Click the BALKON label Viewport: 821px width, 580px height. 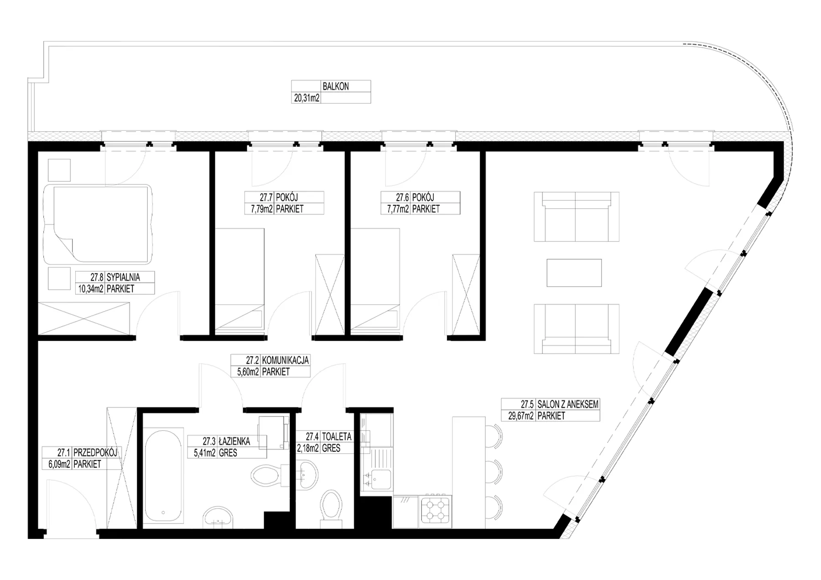click(x=336, y=86)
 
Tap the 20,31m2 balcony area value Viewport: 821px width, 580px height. click(x=307, y=98)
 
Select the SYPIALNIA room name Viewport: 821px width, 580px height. click(x=123, y=277)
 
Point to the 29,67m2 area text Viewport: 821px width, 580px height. click(x=521, y=416)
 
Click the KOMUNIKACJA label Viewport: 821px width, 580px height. click(x=286, y=360)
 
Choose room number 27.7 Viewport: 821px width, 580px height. click(x=266, y=197)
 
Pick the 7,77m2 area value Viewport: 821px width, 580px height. click(x=398, y=209)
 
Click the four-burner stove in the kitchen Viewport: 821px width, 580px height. click(x=435, y=510)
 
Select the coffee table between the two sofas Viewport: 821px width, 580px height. click(x=574, y=273)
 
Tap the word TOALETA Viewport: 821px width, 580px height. click(x=337, y=436)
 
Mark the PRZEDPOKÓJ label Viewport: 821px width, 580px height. click(x=95, y=452)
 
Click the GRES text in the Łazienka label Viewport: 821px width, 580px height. click(x=228, y=453)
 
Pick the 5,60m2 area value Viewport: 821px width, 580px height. click(x=248, y=372)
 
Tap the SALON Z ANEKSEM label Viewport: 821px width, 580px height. click(x=568, y=404)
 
